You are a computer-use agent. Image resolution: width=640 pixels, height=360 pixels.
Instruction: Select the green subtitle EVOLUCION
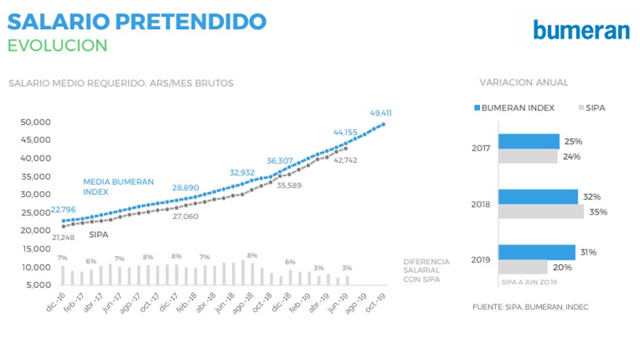pyautogui.click(x=57, y=45)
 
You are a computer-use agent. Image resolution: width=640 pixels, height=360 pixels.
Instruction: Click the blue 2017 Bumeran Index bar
pyautogui.click(x=528, y=141)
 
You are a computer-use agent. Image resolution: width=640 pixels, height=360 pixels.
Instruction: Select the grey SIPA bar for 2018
pyautogui.click(x=540, y=212)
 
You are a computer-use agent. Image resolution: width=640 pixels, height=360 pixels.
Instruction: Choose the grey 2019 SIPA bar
pyautogui.click(x=522, y=267)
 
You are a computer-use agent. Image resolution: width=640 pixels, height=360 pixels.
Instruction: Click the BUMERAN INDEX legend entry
pyautogui.click(x=514, y=108)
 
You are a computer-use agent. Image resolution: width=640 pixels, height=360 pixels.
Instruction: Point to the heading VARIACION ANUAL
pyautogui.click(x=524, y=82)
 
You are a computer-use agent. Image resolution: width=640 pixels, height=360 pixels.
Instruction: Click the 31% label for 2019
pyautogui.click(x=588, y=252)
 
